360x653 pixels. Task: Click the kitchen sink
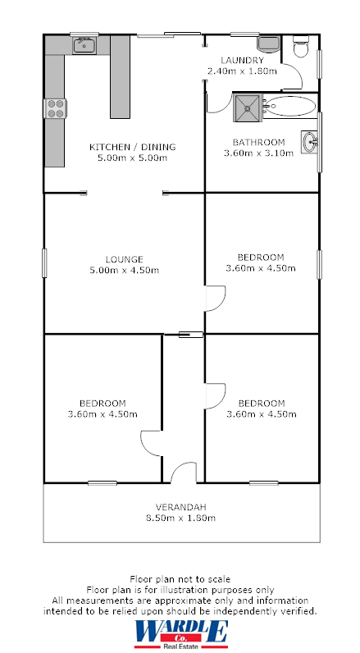pos(84,46)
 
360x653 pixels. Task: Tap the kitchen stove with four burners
pos(56,108)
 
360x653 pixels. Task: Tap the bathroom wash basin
pos(310,142)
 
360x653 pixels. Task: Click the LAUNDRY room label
pos(242,61)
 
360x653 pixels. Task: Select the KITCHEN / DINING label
pos(132,148)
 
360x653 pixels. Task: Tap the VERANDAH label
pos(180,506)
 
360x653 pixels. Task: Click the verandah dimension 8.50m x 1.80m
pos(180,518)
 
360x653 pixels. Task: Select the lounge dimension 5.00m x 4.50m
pos(124,271)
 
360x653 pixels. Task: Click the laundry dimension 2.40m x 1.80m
pos(242,71)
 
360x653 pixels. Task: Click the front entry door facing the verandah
pos(184,474)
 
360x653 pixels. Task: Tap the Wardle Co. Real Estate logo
pos(180,634)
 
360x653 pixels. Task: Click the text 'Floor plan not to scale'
pos(180,579)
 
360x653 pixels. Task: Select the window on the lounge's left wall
pos(44,263)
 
